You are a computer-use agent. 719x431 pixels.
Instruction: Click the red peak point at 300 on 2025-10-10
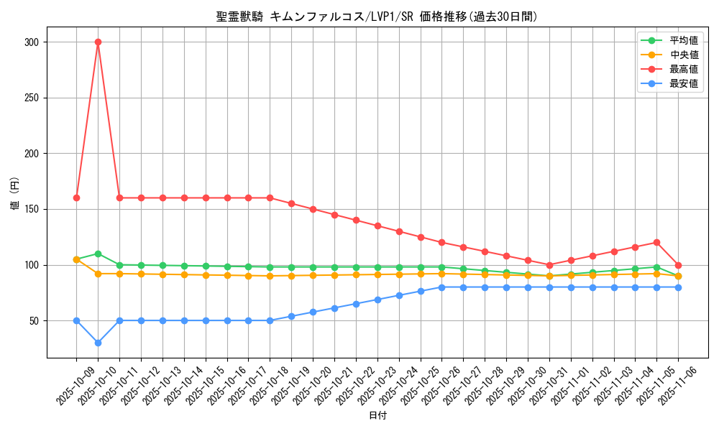tap(98, 42)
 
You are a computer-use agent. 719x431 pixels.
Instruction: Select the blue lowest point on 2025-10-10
tap(98, 343)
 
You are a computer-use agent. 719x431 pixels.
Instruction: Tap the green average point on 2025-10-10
tap(98, 254)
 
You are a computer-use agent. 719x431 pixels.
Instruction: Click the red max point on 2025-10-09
tap(76, 198)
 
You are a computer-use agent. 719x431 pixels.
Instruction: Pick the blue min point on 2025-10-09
tap(76, 320)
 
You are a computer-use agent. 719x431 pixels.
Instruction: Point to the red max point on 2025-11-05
tap(656, 242)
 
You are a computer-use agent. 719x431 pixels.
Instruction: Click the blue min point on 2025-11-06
tap(678, 287)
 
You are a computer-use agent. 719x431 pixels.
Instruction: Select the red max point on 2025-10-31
tap(549, 265)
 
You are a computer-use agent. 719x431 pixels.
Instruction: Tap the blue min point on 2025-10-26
tap(441, 287)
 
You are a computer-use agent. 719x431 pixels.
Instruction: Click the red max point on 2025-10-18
tap(270, 198)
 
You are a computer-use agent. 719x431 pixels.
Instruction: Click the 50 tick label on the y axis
tap(34, 320)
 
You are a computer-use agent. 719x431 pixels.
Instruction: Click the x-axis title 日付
tap(377, 416)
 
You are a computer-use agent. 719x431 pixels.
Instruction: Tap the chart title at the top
tap(377, 17)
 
